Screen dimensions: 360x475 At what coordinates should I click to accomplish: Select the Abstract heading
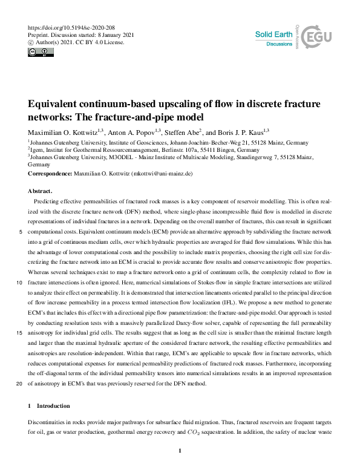coord(42,190)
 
